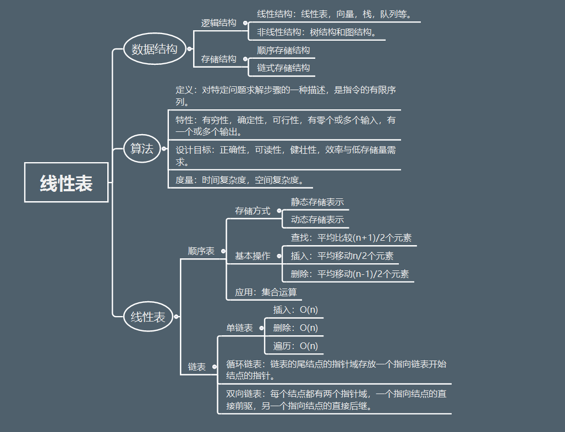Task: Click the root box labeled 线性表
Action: point(66,182)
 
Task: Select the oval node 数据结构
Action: point(155,49)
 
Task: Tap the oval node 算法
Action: point(142,148)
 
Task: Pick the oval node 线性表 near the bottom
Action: point(148,317)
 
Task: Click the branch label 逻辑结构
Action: point(218,23)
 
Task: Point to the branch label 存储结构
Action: point(218,59)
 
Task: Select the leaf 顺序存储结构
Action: point(283,51)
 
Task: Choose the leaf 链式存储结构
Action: point(283,68)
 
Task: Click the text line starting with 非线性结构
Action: point(316,32)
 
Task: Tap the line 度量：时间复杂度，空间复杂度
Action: point(240,180)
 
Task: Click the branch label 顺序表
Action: point(201,251)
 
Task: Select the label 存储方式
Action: point(253,211)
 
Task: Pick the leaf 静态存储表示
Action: point(317,202)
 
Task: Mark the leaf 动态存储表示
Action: point(317,220)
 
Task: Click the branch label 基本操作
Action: point(253,256)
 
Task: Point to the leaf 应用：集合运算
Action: point(266,292)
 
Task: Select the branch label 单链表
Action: point(240,328)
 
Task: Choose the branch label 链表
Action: point(197,367)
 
